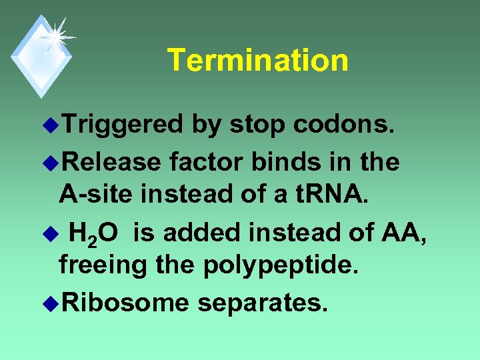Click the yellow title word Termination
(257, 60)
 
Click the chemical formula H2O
(94, 233)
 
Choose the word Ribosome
(127, 303)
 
